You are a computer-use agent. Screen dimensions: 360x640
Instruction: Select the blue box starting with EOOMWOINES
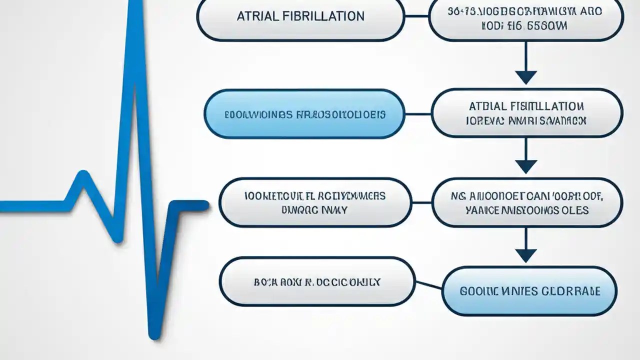(304, 114)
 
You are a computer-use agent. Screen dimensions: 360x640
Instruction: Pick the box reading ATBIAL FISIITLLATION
(526, 113)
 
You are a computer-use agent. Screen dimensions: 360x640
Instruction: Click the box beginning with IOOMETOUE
(315, 202)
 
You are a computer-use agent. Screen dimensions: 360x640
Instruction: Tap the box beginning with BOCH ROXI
(317, 282)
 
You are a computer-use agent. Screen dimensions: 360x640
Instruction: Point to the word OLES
(575, 210)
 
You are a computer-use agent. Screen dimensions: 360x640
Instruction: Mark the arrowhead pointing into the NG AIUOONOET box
(525, 166)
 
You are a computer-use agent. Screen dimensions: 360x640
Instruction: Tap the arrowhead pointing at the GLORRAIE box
(525, 255)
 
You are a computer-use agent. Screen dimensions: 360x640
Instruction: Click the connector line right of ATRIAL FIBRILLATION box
(416, 16)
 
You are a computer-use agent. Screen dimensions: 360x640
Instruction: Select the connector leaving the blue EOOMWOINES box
(417, 114)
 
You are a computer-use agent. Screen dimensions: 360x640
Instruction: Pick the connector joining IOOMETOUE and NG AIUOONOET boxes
(421, 202)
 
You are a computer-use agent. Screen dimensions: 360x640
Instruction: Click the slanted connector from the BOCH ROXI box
(428, 285)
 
